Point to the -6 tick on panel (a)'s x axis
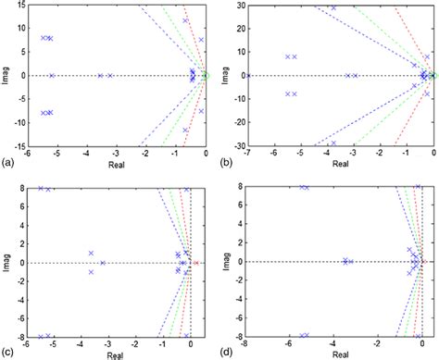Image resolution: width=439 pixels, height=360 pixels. coord(28,152)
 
